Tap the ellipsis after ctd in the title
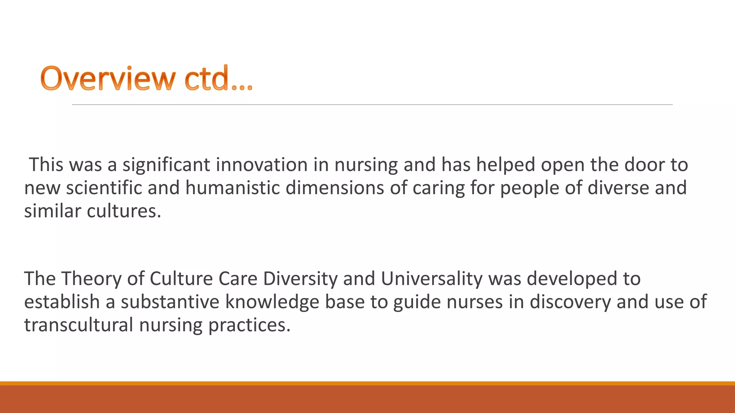click(242, 86)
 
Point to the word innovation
click(262, 165)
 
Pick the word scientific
click(104, 188)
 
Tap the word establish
click(62, 302)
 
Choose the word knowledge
click(272, 303)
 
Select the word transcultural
click(79, 325)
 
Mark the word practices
click(249, 326)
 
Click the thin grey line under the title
click(372, 105)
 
